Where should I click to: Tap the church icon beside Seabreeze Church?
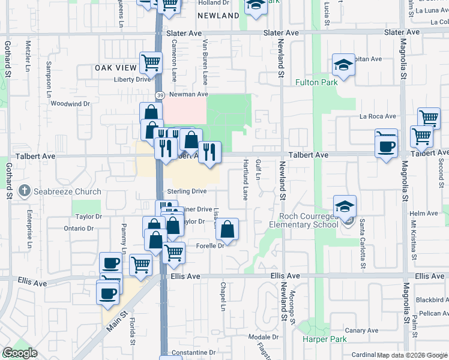pos(25,191)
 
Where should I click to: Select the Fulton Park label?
pos(316,82)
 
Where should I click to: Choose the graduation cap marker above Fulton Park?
pos(343,65)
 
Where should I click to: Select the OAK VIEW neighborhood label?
pos(116,68)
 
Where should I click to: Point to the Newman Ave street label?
pos(188,94)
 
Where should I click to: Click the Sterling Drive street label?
pos(187,191)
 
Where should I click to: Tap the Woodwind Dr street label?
pos(70,103)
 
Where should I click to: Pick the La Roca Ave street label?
pos(378,116)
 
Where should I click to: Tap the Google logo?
pos(20,353)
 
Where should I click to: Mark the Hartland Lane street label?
pos(245,180)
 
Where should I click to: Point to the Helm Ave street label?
pos(424,214)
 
